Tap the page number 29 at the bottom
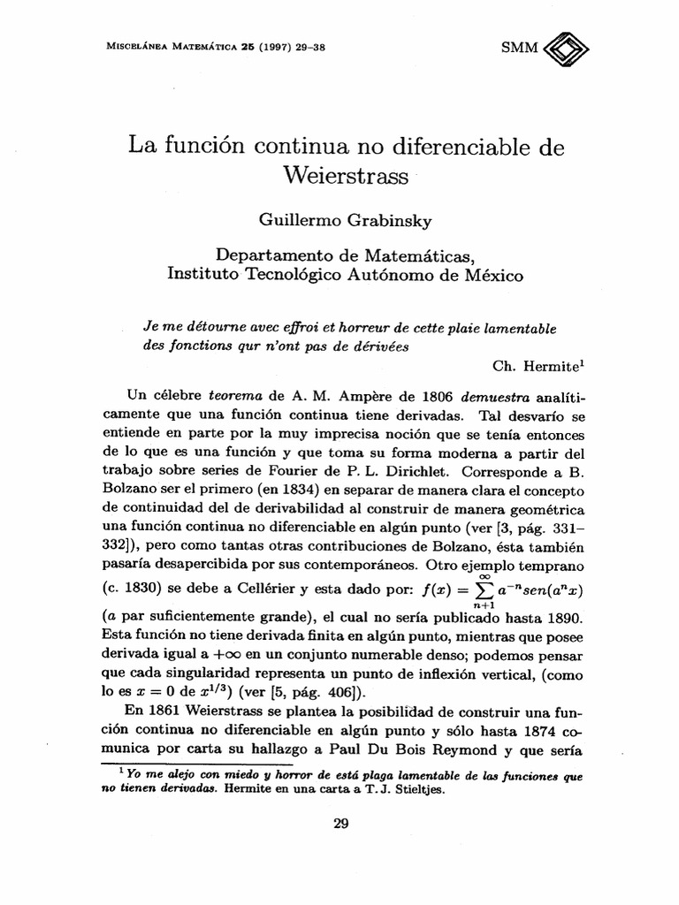tap(341, 824)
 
